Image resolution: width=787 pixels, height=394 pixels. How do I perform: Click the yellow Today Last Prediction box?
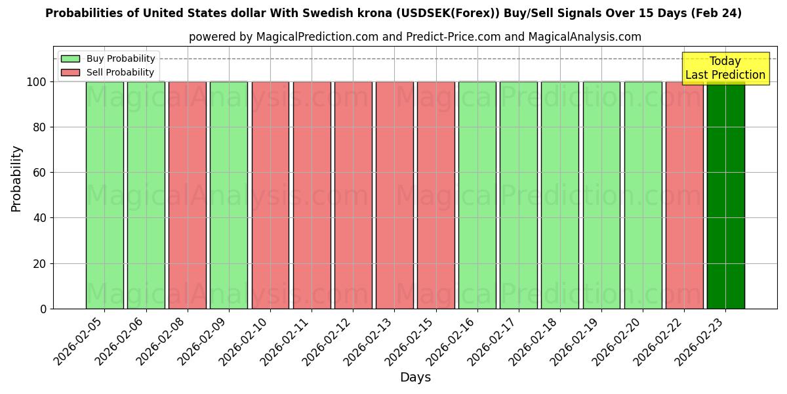coord(725,68)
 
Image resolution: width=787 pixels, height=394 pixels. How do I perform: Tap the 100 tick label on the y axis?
coord(35,82)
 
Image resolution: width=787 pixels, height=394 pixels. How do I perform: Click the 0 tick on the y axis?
coord(43,309)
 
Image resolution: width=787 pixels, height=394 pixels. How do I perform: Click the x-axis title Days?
coord(415,378)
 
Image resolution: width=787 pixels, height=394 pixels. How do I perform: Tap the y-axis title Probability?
coord(16,179)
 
